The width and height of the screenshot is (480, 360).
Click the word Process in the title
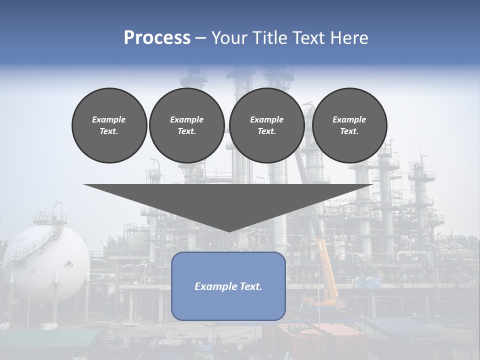click(x=157, y=38)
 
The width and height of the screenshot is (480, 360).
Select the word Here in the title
click(x=349, y=38)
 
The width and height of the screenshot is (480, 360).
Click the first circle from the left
click(x=109, y=125)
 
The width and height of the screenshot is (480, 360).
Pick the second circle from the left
click(x=186, y=125)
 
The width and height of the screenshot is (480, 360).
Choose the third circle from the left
click(x=266, y=125)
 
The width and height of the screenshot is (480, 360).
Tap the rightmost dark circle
click(x=349, y=125)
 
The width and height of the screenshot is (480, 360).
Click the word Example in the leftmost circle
click(x=109, y=119)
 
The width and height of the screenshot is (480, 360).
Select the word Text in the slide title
click(x=308, y=38)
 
